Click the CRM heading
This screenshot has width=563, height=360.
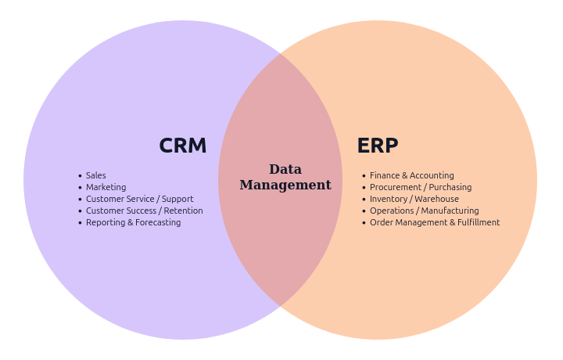(x=182, y=146)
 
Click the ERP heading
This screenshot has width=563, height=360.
(x=377, y=146)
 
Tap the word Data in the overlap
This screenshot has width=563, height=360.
(x=285, y=169)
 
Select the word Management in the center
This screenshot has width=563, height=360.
(x=285, y=185)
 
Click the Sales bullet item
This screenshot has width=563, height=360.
(x=95, y=176)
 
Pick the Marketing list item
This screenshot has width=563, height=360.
(x=106, y=188)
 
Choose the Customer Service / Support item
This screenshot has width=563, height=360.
(x=139, y=200)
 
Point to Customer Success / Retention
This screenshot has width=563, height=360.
(x=144, y=211)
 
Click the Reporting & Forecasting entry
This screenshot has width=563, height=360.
(x=133, y=223)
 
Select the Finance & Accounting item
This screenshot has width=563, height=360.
(x=411, y=176)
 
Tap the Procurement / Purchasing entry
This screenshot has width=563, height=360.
(x=421, y=188)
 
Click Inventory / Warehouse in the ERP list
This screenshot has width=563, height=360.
(x=414, y=200)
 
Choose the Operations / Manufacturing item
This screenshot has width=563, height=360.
(x=424, y=211)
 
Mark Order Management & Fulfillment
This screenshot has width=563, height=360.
(x=434, y=223)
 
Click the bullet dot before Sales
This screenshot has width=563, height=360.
(x=80, y=176)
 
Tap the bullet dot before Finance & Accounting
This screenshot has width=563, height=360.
(x=364, y=176)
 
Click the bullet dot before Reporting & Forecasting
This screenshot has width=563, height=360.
(x=80, y=223)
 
